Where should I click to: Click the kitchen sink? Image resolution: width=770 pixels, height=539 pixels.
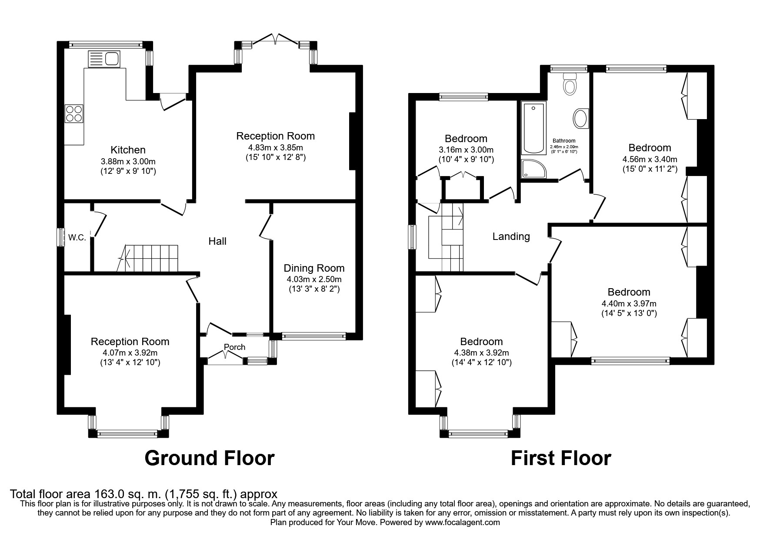point(104,59)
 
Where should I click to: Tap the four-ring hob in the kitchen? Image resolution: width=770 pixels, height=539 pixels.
point(74,113)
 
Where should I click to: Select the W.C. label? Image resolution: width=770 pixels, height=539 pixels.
point(77,238)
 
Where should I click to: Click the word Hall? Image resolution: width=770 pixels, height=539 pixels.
point(217,241)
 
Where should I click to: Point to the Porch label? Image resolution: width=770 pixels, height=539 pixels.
point(235,347)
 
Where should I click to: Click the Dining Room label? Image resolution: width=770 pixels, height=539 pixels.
point(314,268)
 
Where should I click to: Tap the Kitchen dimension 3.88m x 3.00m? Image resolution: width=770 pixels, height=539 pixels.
point(128,161)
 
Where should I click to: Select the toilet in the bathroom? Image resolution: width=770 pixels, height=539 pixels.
point(569,83)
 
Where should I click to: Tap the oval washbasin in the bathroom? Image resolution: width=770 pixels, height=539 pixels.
point(580,118)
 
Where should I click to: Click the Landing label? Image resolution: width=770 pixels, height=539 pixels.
point(511,236)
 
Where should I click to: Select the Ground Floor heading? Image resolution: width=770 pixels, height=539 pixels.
point(210,458)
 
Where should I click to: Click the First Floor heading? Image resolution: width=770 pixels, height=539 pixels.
point(561,458)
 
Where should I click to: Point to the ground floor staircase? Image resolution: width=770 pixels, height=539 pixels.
point(148,258)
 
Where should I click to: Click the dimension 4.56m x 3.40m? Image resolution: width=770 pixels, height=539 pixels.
point(650,159)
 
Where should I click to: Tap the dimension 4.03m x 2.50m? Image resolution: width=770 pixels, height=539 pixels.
point(314,279)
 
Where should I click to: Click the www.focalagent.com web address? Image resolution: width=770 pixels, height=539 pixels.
point(462,522)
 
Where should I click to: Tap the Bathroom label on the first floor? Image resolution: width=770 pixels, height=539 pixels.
point(564,141)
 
